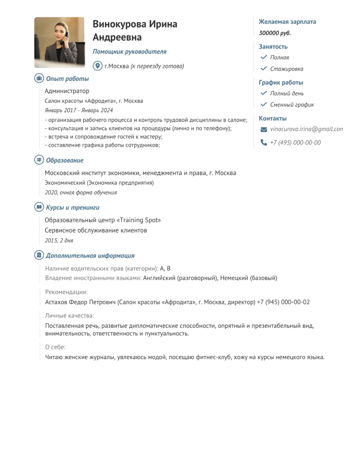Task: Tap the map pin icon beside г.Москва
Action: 97,66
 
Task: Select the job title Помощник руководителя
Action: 130,51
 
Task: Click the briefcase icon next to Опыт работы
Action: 39,79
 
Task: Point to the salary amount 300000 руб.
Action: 275,33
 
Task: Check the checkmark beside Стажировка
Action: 264,68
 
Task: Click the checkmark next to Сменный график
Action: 264,104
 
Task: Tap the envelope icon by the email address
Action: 264,129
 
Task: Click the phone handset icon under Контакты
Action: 264,143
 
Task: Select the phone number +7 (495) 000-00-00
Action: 295,143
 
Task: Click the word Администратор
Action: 67,91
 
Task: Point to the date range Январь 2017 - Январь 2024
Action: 79,110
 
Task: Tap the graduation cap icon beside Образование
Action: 39,160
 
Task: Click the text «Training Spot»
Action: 140,220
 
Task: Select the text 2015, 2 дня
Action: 59,240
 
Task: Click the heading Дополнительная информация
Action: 90,255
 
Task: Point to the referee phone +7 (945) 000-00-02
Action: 283,302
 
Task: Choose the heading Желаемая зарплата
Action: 287,22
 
